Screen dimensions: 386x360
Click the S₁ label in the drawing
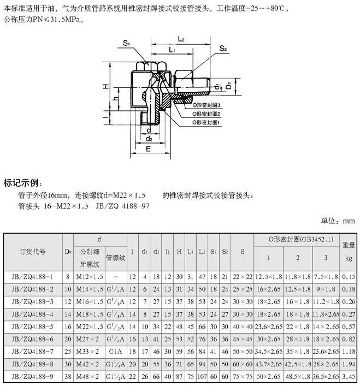126,43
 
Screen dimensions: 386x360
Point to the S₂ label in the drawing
223,49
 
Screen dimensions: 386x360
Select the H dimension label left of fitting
104,87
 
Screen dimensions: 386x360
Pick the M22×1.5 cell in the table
88,327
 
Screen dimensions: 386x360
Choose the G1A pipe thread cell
115,352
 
